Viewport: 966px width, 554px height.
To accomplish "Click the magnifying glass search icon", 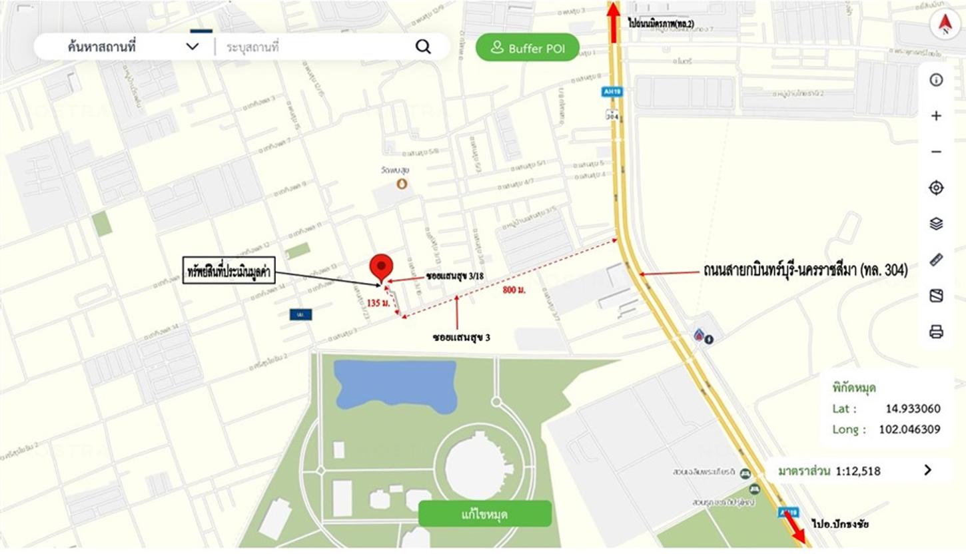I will pos(423,47).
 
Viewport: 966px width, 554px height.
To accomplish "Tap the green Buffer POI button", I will pos(527,48).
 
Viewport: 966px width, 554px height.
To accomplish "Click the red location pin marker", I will pos(381,267).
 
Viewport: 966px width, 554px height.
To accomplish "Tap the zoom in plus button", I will pos(936,116).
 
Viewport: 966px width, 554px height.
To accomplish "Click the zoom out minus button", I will pos(936,152).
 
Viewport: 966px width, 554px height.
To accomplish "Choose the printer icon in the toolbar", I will pos(936,331).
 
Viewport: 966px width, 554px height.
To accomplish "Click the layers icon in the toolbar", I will pos(936,224).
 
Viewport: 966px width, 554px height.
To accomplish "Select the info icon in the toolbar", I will pos(936,80).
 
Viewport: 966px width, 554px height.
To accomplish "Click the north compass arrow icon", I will pos(945,25).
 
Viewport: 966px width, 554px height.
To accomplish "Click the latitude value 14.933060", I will pos(913,409).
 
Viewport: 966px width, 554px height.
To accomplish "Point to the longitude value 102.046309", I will pos(909,429).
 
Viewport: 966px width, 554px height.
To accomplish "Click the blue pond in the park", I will pos(395,386).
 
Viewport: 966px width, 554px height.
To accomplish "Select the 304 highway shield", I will pos(613,115).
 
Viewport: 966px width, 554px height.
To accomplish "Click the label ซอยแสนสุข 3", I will pos(461,337).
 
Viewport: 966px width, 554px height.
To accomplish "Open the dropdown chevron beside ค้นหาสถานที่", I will pos(193,47).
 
